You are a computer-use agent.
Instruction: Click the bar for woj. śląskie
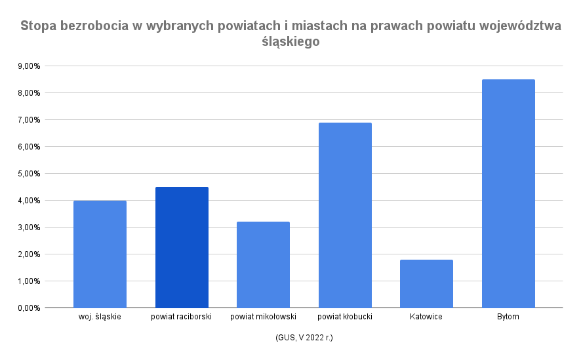pos(100,254)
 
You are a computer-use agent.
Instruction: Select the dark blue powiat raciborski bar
pos(182,248)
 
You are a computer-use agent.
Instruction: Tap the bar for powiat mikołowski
pos(263,265)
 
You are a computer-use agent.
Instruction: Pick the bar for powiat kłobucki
pos(345,215)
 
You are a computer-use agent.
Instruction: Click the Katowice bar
pos(426,284)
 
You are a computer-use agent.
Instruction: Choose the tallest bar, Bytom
pos(508,193)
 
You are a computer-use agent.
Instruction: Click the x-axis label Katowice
pos(426,317)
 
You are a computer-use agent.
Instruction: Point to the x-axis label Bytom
pos(508,317)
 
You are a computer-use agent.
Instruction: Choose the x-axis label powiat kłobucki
pos(345,317)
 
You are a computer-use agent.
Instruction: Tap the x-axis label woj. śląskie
pos(100,317)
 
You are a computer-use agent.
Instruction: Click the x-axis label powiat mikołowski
pos(263,317)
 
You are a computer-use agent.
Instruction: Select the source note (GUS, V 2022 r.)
pos(304,338)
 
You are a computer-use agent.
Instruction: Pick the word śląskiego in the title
pos(290,41)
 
